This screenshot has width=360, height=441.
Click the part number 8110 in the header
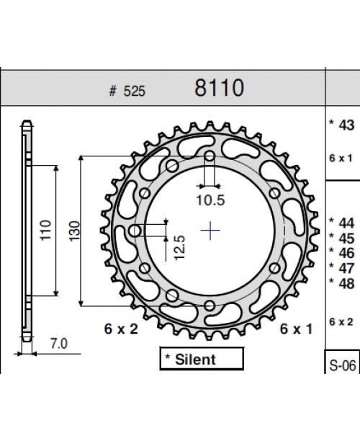(220, 89)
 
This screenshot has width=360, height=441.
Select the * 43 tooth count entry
(342, 125)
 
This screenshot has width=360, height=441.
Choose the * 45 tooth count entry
(342, 237)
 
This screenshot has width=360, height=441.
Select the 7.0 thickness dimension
(58, 344)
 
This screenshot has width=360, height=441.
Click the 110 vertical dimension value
(45, 231)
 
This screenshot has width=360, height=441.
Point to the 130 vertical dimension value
(76, 231)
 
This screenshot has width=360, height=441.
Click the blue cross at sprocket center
(210, 231)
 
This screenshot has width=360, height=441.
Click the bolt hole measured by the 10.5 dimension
(210, 156)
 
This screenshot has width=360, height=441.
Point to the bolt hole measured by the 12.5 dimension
(135, 231)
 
